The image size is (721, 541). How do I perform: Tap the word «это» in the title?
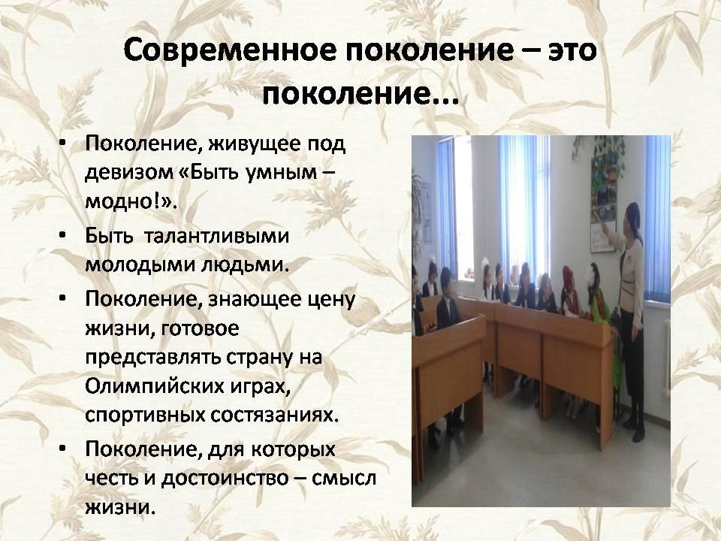572,51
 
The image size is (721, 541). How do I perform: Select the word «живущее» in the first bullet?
254,144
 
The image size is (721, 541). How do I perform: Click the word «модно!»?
129,201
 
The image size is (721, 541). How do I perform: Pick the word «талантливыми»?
216,236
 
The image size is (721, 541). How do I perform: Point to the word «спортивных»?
145,416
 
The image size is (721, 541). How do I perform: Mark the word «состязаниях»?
275,415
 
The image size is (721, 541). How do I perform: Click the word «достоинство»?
225,479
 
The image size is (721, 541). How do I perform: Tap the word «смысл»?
343,479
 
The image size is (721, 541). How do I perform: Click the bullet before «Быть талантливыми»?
63,236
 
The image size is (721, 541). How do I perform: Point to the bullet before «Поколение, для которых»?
63,449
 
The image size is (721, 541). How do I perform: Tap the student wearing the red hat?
571,291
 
